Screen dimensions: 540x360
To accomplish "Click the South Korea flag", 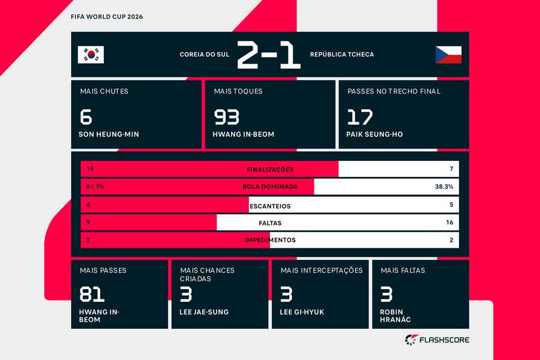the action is point(91,55).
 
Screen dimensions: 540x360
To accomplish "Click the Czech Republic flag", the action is point(448,55).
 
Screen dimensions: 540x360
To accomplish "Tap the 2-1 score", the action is point(269,55).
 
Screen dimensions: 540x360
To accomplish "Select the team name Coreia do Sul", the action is point(205,55).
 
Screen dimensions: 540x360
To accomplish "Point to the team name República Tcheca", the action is point(342,55).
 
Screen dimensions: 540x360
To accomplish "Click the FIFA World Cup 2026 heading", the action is point(107,17).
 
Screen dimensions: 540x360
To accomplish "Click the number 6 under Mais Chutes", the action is point(86,117).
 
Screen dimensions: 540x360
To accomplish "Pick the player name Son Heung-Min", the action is point(109,134).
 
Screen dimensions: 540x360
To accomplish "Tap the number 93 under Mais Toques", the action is point(227,117).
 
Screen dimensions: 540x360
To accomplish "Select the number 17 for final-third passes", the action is point(360,117).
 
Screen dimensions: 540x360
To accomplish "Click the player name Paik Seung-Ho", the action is point(374,134).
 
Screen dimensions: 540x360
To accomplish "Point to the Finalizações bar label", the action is point(270,169).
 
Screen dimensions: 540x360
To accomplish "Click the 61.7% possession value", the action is point(95,187).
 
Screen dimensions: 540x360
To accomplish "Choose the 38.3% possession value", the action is point(444,187).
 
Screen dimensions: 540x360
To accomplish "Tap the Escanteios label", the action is point(270,206).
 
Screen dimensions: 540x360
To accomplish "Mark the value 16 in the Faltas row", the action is point(450,222).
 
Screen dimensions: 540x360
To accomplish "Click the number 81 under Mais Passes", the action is point(92,295).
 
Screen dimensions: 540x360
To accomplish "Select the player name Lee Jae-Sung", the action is point(204,312).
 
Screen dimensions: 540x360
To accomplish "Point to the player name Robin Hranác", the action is point(395,316).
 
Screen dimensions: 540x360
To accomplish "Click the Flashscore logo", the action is point(437,340).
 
